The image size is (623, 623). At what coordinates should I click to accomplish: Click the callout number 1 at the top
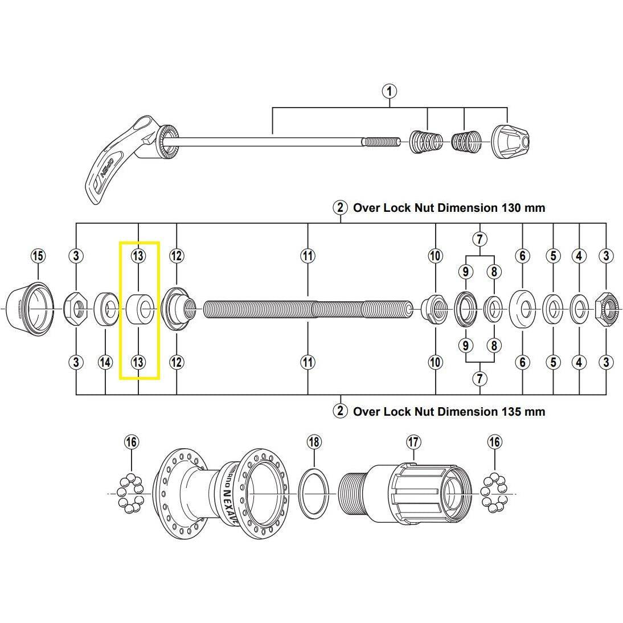click(390, 91)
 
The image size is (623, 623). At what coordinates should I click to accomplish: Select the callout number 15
click(38, 256)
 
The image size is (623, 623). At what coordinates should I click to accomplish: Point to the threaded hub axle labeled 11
click(308, 309)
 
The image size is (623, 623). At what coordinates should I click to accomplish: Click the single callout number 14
click(105, 362)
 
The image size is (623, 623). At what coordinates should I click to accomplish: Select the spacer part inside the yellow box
click(140, 309)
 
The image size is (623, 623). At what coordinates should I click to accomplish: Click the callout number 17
click(413, 441)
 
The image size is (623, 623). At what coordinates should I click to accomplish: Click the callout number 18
click(314, 441)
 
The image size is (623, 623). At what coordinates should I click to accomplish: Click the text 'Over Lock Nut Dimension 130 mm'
click(449, 208)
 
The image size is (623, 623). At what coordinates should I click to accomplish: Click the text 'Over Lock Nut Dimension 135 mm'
click(449, 411)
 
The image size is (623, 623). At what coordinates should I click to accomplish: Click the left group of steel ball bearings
click(130, 492)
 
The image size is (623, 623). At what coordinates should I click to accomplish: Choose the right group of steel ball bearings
click(493, 492)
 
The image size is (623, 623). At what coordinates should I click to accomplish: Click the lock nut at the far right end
click(608, 309)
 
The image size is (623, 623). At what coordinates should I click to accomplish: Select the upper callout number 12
click(177, 256)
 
